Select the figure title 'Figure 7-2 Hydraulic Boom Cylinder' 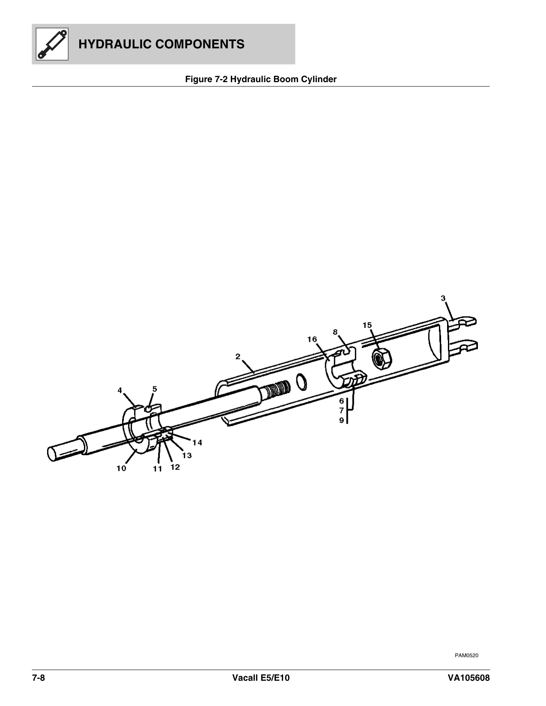point(260,79)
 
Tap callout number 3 point(444,298)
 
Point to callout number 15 point(367,325)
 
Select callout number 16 point(312,339)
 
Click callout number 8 point(335,332)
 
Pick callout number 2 point(238,356)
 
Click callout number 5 point(155,389)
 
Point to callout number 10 point(121,468)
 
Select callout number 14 point(197,442)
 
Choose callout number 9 point(341,420)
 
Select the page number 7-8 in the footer point(39,678)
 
